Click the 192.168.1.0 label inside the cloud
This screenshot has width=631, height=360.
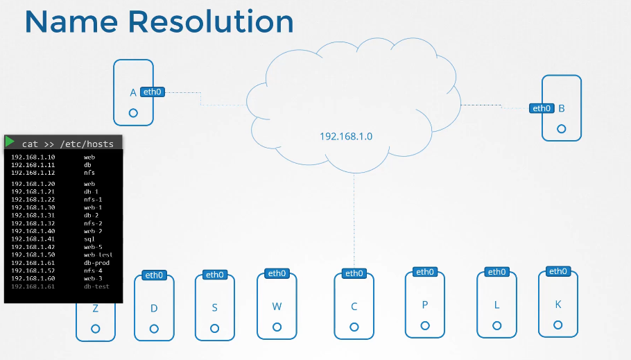(346, 136)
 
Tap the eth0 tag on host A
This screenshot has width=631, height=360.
(153, 92)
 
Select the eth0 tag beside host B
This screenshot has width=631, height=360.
(541, 108)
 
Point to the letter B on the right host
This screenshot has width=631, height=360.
(562, 108)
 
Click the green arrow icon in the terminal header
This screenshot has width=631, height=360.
(10, 142)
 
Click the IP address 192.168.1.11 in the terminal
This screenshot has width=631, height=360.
(33, 165)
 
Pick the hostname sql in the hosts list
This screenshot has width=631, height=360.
(89, 239)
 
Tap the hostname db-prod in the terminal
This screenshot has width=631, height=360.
(96, 263)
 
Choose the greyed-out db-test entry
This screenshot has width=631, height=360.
(96, 286)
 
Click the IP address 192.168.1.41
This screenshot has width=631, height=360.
(33, 239)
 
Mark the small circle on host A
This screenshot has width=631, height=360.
(133, 112)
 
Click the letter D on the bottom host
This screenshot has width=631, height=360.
(154, 307)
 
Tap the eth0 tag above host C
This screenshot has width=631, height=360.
(354, 273)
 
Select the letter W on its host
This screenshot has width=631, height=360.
(277, 305)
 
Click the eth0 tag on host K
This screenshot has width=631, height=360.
(557, 271)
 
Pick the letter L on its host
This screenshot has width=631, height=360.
(496, 305)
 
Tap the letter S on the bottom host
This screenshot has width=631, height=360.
(215, 307)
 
